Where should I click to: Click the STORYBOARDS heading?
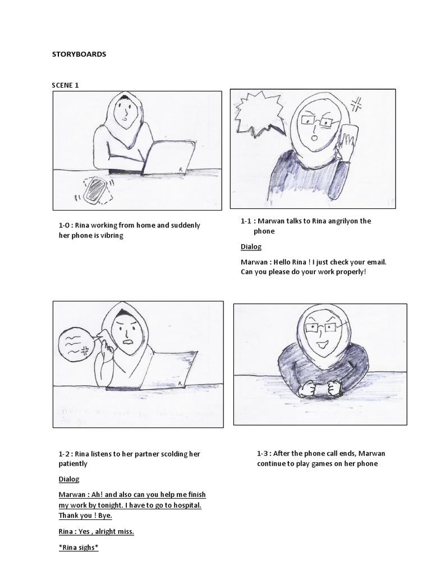coord(79,54)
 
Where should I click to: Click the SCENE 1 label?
coord(66,85)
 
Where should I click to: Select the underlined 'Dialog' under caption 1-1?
coord(251,247)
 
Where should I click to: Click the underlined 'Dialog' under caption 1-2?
coord(69,479)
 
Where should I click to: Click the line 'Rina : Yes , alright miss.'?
coord(96,531)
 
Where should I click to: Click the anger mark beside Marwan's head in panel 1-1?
coord(355,104)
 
